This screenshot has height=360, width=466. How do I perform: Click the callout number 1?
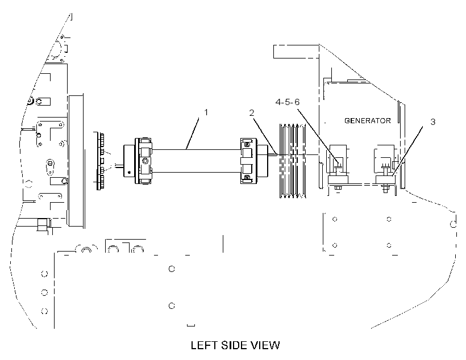point(206,112)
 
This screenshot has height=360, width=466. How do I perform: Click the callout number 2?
point(252,113)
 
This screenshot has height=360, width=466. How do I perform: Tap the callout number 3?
point(432,122)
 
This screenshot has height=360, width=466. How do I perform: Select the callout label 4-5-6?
point(288,102)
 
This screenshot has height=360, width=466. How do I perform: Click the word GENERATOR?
point(367,120)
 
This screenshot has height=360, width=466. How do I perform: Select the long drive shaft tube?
point(196,161)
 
